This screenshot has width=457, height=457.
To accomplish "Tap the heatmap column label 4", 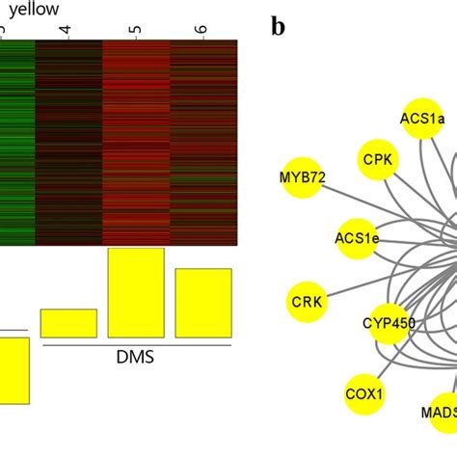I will click(67, 31).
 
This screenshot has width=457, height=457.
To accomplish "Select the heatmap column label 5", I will click(135, 31).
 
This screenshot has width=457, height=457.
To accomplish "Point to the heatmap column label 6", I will click(202, 31).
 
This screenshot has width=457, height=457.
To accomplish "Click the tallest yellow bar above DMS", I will click(136, 292).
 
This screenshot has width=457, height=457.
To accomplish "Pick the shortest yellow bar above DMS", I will click(68, 323).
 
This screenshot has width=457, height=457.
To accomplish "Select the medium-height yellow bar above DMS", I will click(202, 303).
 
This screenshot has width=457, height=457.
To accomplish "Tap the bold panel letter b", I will click(278, 26).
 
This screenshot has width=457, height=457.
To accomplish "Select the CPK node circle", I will click(377, 159).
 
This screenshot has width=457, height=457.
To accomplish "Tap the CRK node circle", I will click(308, 302).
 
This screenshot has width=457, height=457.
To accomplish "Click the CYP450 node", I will click(388, 323).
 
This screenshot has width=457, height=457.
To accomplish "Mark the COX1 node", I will click(364, 393).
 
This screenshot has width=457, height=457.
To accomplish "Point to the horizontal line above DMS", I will click(135, 344).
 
